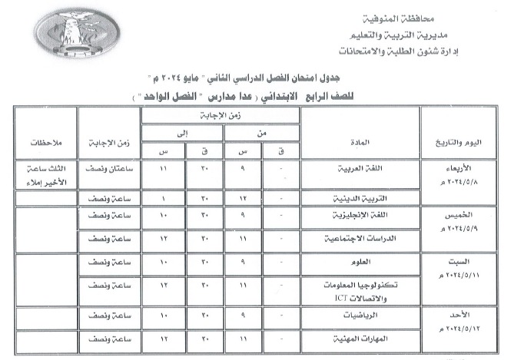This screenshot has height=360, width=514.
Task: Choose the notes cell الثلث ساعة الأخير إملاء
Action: point(43,175)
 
